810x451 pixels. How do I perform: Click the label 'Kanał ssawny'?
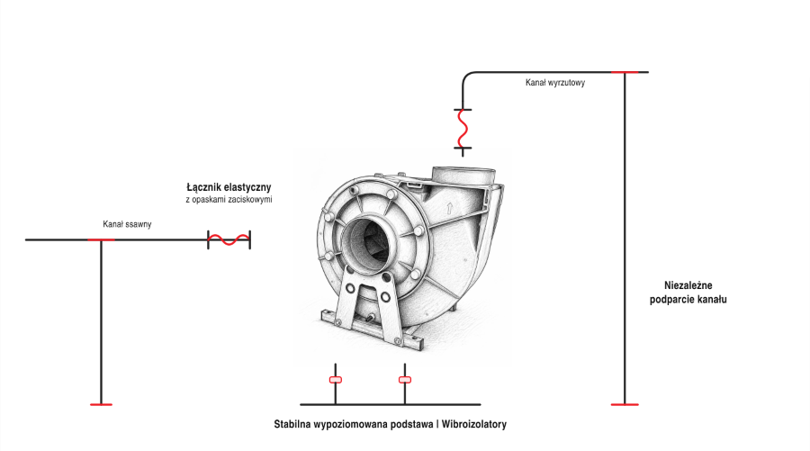[127, 224]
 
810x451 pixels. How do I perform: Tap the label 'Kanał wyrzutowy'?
[555, 83]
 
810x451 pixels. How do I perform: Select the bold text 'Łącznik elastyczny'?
[229, 187]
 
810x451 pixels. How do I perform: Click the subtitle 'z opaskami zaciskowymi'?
[229, 200]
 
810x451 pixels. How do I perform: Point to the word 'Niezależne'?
[688, 285]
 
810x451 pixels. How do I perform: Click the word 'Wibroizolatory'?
[473, 424]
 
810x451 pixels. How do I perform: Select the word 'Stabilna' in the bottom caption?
[292, 424]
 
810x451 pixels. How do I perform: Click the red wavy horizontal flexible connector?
[229, 239]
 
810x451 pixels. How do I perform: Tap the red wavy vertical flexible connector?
[463, 129]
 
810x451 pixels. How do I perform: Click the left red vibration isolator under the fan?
[336, 380]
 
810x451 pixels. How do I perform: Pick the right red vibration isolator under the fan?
[405, 380]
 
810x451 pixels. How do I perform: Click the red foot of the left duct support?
[101, 404]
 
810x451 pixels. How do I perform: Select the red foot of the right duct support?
[625, 404]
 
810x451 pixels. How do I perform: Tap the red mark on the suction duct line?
[101, 239]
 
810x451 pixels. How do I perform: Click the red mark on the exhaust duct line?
[625, 72]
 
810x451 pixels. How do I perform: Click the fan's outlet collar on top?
[463, 176]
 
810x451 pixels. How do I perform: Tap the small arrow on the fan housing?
[449, 208]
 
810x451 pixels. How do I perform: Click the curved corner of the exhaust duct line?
[465, 76]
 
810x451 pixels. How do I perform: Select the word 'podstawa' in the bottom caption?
[411, 424]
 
